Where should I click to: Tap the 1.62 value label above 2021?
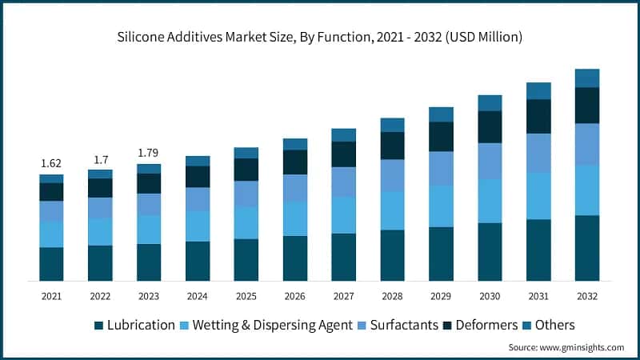click(51, 163)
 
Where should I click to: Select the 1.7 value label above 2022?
click(100, 158)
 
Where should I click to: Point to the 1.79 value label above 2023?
click(149, 153)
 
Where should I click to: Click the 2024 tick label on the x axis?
click(198, 296)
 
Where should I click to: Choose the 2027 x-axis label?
click(343, 296)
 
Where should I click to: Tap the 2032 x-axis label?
click(586, 296)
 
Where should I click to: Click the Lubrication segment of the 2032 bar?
click(587, 248)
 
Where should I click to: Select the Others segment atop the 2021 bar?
click(51, 178)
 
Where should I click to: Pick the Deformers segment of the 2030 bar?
click(490, 126)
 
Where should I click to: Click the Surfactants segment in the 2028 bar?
click(392, 175)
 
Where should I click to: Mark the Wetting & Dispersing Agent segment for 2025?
click(246, 222)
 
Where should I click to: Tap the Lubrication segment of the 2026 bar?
click(295, 258)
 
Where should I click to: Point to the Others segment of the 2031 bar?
click(538, 90)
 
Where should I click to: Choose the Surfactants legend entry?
click(397, 325)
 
